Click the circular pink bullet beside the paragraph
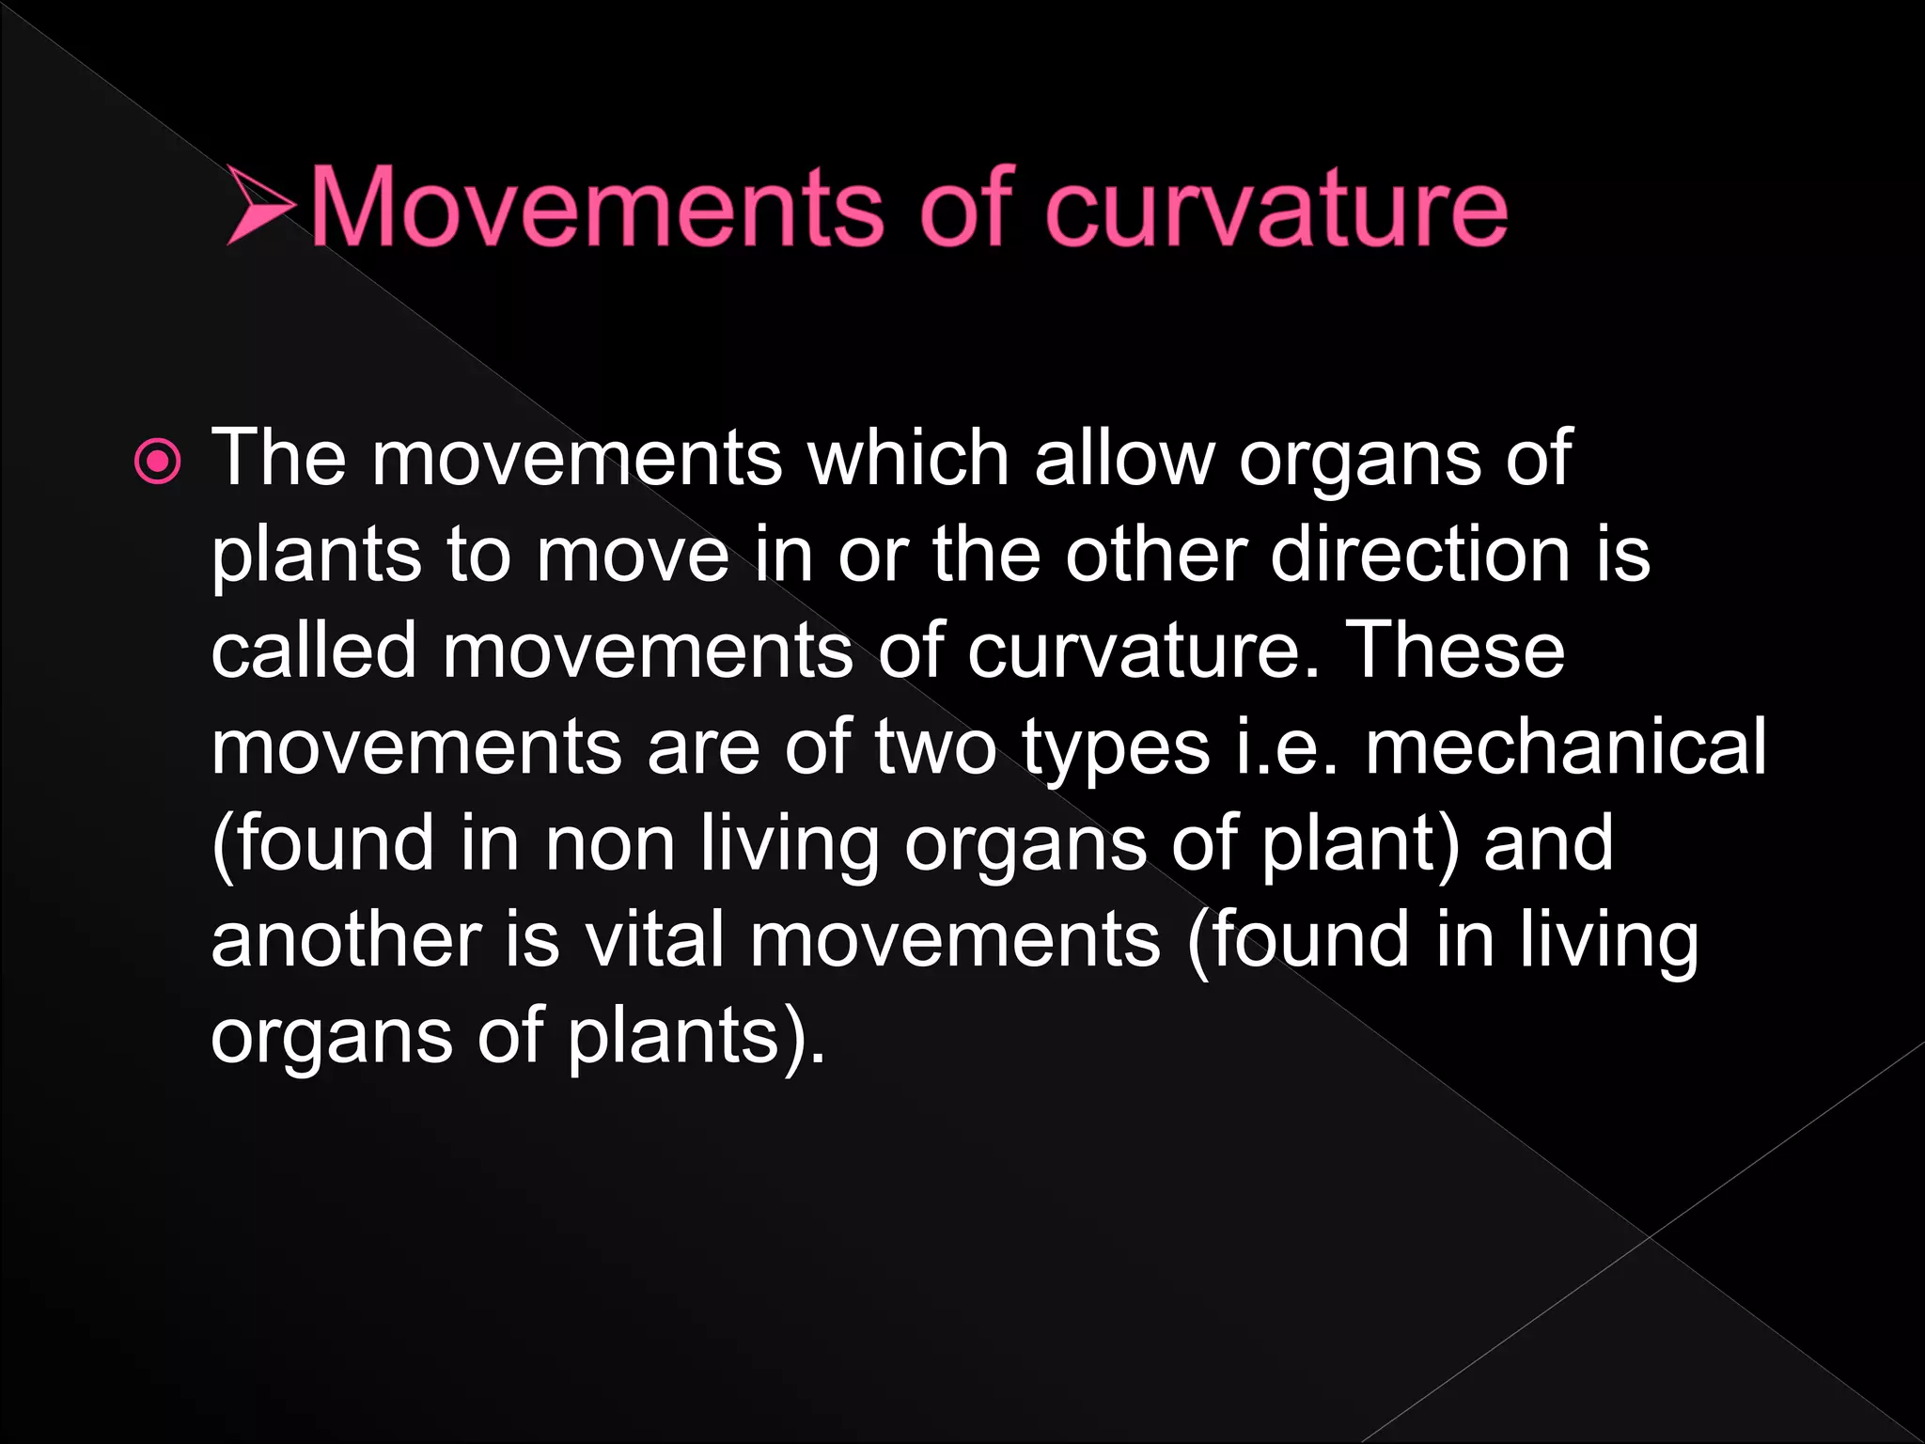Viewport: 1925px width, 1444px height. click(157, 462)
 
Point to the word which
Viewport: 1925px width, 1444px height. click(908, 458)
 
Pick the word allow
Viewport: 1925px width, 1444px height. click(1125, 458)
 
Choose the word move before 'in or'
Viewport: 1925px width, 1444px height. click(633, 554)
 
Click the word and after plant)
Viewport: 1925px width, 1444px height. click(1548, 843)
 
